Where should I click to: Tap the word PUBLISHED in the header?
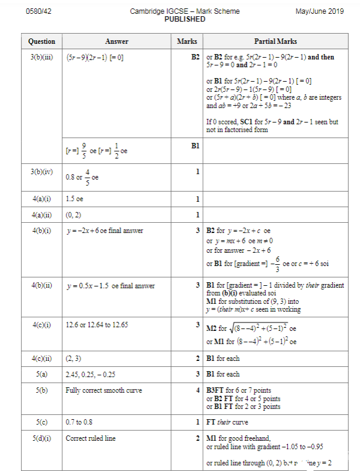coord(184,19)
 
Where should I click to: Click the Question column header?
coord(41,41)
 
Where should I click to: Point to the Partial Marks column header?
coord(275,41)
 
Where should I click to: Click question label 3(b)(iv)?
coord(41,171)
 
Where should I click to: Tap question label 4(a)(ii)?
coord(41,214)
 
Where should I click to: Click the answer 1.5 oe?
coord(76,199)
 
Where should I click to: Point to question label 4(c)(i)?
coord(41,325)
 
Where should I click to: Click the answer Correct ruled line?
coord(90,438)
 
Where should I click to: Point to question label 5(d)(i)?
coord(41,438)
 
